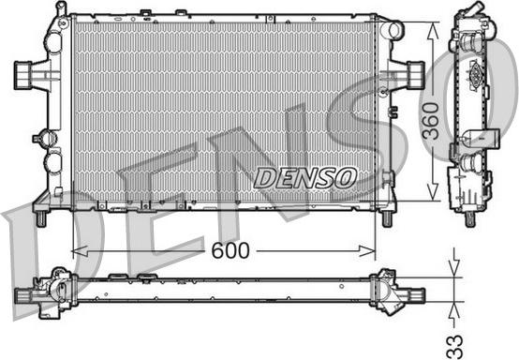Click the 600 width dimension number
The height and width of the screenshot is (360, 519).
coord(230,250)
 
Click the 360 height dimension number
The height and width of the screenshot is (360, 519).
coord(431,121)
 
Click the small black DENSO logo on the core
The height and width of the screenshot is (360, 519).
coord(305,178)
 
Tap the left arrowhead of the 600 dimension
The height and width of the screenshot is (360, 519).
coord(80,251)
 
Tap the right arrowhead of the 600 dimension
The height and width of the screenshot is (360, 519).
coord(367,251)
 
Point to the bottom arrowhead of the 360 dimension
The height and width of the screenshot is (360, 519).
coord(433,192)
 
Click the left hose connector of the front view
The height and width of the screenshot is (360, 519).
coord(23,76)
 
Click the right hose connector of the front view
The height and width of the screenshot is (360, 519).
coord(416,75)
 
